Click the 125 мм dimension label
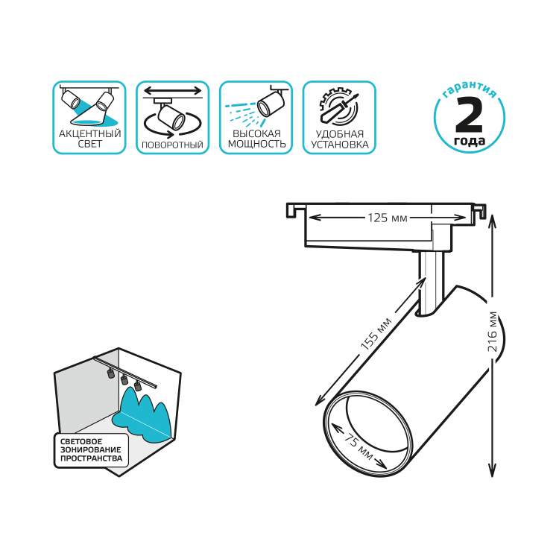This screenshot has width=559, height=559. (x=388, y=218)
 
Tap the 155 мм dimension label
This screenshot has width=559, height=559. (x=376, y=333)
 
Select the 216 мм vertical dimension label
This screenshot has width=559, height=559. (x=493, y=332)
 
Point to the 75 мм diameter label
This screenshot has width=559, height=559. (x=359, y=446)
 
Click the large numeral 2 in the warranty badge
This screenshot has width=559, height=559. (x=469, y=115)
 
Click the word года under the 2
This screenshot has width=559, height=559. (x=470, y=141)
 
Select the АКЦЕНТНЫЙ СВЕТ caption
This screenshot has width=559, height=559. (x=90, y=139)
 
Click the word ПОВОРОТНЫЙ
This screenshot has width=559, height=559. (x=173, y=145)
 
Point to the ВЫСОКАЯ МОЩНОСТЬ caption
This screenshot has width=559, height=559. (x=256, y=139)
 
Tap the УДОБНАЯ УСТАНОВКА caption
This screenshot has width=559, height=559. (x=340, y=139)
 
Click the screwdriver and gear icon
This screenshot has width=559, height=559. (x=338, y=107)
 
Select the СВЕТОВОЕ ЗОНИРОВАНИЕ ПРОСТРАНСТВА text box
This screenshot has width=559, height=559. (x=91, y=450)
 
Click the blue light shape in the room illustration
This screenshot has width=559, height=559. (x=142, y=414)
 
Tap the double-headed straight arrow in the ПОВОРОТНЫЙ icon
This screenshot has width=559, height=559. (x=173, y=90)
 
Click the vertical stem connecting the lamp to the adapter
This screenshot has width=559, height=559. (x=432, y=282)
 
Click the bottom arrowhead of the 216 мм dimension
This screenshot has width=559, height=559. (x=493, y=471)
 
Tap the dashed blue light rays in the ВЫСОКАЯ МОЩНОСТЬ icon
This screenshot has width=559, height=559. (x=241, y=113)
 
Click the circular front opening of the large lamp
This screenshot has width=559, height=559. (x=368, y=434)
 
